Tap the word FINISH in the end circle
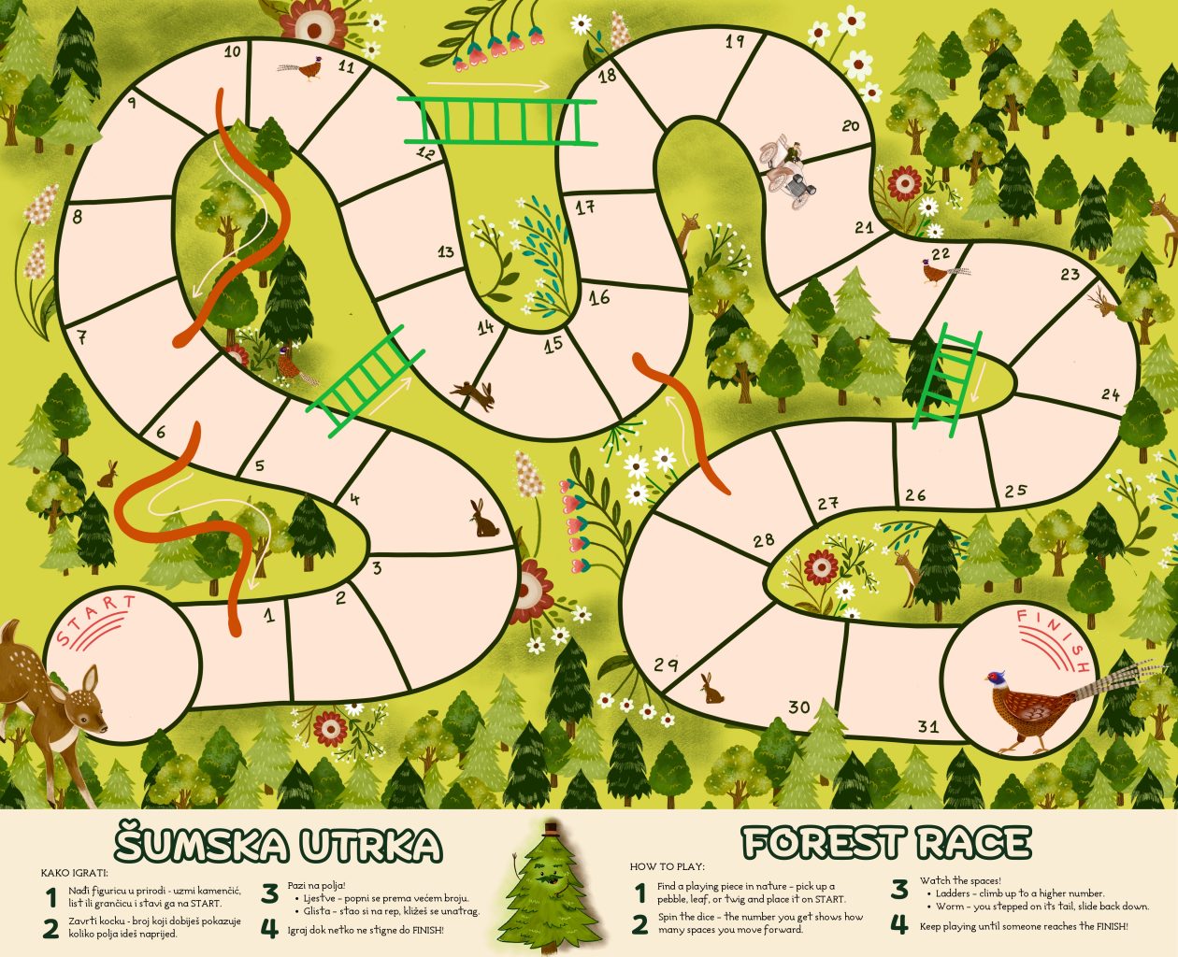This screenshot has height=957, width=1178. (1054, 639)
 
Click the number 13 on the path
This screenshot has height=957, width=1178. (445, 251)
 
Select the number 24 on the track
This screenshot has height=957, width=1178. (1110, 394)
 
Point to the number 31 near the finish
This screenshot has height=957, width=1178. (927, 726)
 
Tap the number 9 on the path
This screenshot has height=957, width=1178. (132, 103)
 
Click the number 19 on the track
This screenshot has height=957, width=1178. (735, 41)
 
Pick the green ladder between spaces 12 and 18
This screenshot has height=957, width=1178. (496, 121)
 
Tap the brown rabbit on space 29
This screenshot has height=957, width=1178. (712, 689)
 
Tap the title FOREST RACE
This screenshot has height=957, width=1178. (885, 843)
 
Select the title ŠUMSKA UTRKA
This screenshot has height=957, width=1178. (279, 844)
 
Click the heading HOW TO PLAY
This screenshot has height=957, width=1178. (667, 866)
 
